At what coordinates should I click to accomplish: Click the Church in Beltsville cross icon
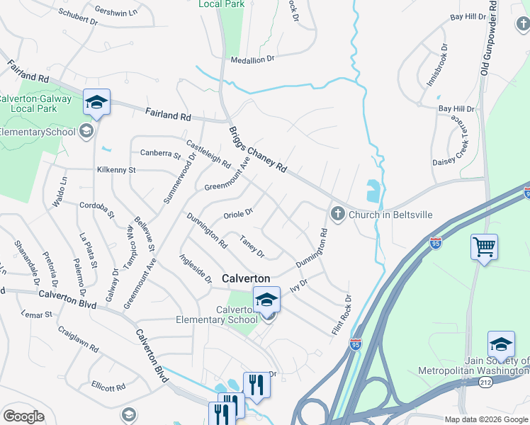[x=337, y=214]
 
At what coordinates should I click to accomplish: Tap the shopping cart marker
[x=485, y=248]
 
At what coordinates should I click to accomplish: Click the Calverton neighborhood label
[x=247, y=278]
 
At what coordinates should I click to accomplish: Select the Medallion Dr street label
[x=251, y=60]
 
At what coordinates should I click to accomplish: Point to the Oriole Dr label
[x=239, y=212]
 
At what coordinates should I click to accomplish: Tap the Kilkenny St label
[x=116, y=170]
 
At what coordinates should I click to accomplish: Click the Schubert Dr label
[x=77, y=17]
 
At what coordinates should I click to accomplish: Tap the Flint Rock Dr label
[x=341, y=315]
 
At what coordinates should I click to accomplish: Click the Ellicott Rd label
[x=108, y=387]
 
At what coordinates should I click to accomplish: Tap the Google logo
[x=23, y=416]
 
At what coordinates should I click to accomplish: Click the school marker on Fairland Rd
[x=96, y=103]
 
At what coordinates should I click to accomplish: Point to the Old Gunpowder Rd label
[x=486, y=38]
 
